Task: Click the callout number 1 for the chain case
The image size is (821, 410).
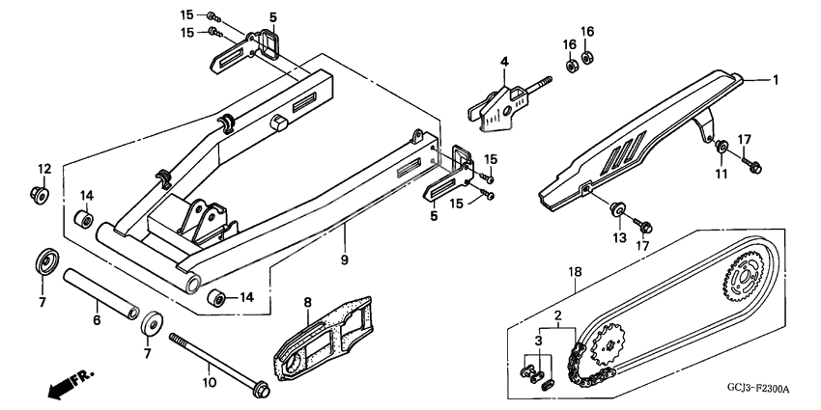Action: (x=773, y=80)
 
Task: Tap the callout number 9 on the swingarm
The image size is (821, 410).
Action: (x=344, y=260)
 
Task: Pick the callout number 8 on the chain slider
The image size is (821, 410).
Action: (x=308, y=303)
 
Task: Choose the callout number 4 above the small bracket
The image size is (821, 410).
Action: (x=504, y=63)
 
